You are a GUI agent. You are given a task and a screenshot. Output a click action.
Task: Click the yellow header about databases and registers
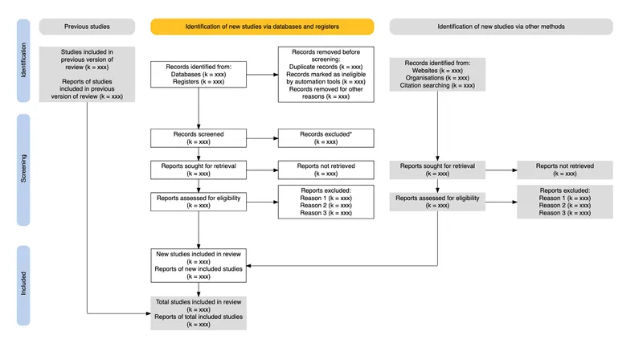[x=262, y=27]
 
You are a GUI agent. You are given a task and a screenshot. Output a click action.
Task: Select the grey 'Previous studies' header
[x=86, y=27]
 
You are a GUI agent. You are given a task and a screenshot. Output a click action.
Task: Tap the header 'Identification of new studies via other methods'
[x=501, y=27]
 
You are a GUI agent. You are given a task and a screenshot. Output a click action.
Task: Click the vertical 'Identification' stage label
[x=23, y=73]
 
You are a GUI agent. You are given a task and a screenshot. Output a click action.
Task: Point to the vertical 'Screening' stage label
[x=23, y=170]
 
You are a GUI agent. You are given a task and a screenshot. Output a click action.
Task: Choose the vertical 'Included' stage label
[x=23, y=285]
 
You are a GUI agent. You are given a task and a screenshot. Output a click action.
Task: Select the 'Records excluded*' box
[x=326, y=137]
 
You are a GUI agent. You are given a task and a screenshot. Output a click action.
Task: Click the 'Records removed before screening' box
[x=326, y=73]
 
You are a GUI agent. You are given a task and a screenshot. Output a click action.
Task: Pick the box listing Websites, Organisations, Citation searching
[x=437, y=73]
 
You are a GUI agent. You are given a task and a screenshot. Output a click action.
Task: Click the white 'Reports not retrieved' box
[x=326, y=170]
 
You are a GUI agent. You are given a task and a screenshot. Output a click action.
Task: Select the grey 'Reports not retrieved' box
[x=565, y=170]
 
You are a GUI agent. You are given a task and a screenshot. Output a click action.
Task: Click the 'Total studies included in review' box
[x=199, y=313]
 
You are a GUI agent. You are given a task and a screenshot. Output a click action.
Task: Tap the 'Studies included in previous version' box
[x=86, y=73]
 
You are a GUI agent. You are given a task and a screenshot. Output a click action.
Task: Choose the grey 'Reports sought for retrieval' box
[x=437, y=170]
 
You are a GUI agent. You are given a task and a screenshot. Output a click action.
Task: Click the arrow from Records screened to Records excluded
[x=262, y=137]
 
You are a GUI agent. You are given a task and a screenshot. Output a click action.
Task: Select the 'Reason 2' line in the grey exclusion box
[x=565, y=205]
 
